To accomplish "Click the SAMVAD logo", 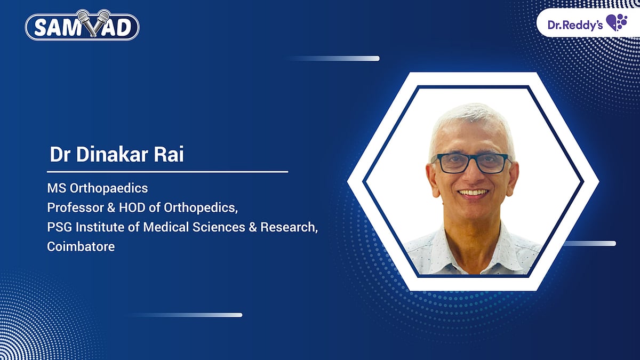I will click(82, 27).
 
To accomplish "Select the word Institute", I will click(98, 227).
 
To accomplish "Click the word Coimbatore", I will click(81, 247).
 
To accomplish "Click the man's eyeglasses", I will click(471, 163).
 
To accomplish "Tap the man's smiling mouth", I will click(473, 193).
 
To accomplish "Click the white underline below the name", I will click(167, 172).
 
